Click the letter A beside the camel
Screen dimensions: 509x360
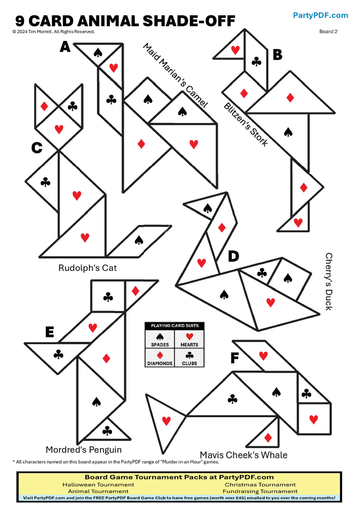point(65,46)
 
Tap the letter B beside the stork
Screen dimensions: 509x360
point(277,54)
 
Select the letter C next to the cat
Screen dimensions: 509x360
point(37,148)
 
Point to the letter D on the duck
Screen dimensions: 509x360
point(233,256)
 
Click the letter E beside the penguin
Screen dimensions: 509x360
point(49,332)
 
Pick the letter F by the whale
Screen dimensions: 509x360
point(234,358)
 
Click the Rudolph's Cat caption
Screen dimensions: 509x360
point(87,268)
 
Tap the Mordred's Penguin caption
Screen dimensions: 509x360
point(84,450)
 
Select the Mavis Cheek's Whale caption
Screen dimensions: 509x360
point(243,455)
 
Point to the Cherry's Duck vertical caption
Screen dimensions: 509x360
point(329,281)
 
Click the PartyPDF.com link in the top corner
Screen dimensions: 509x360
point(320,15)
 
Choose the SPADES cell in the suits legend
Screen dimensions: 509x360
point(159,339)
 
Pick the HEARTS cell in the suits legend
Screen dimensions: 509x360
point(189,339)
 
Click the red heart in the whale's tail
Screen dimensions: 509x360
point(166,421)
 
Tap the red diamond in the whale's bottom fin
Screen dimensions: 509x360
point(268,437)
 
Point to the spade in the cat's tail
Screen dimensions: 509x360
point(139,240)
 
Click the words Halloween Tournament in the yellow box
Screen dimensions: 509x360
point(98,485)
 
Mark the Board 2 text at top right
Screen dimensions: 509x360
point(328,32)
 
